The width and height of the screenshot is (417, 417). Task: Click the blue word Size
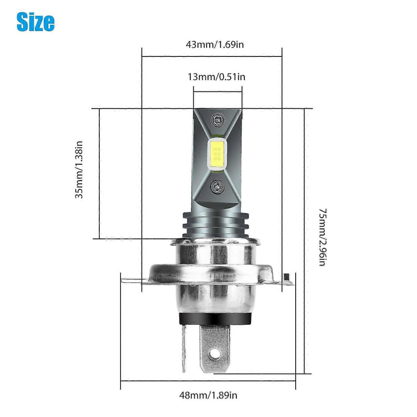36,22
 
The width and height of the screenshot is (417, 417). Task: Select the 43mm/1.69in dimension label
215,44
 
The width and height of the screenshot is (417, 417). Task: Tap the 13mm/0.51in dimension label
217,77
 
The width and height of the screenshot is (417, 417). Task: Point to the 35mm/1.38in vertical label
79,170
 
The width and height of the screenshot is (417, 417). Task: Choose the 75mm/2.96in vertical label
322,237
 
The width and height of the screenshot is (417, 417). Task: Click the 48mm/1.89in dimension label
208,395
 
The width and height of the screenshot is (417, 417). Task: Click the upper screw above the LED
217,120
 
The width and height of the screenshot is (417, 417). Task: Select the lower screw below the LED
217,187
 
